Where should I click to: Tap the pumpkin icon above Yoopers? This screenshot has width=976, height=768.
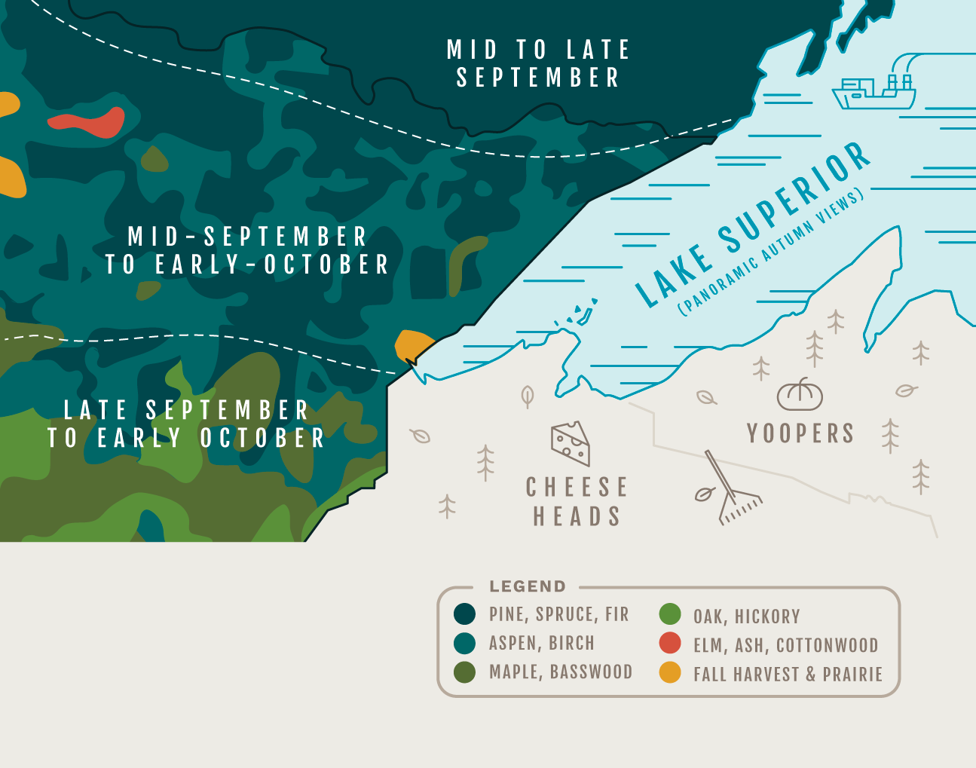800,394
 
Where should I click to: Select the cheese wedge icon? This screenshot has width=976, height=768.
571,443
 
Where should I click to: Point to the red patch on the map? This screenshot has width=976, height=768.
88,122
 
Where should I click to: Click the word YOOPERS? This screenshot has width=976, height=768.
800,433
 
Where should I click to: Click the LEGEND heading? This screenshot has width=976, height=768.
527,586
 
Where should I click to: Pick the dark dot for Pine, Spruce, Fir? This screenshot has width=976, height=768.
465,614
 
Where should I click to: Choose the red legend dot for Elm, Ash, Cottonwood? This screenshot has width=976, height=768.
670,644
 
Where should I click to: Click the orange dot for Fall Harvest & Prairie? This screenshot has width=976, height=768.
670,672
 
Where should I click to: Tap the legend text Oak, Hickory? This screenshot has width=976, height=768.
746,617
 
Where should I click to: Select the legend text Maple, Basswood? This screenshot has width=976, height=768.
560,672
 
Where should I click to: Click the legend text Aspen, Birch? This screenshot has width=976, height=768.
541,643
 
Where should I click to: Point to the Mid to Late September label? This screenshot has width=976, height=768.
538,63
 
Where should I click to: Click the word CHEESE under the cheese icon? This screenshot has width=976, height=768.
577,488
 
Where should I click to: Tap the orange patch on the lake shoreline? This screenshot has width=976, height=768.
413,344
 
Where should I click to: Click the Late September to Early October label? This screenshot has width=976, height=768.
186,424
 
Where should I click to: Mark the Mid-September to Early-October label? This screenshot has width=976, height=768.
247,250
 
